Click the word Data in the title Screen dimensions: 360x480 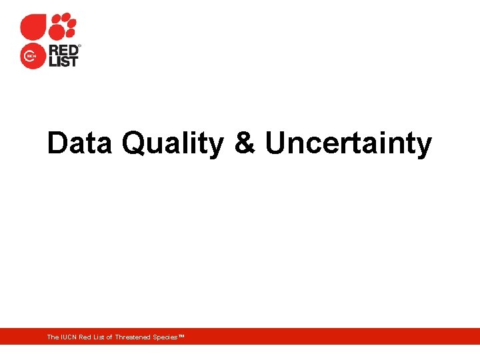(79, 143)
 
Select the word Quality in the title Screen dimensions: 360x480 (173, 143)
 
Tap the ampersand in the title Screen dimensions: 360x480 (245, 143)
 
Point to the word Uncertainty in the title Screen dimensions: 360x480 (348, 143)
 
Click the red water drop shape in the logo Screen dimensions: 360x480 (33, 27)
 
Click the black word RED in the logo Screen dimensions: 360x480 (63, 51)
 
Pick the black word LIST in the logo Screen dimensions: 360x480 (63, 62)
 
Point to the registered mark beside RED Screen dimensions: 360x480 (79, 46)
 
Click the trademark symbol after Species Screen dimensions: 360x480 (181, 337)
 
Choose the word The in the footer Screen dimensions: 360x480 (52, 337)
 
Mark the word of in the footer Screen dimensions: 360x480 (109, 337)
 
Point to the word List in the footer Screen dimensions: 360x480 (99, 337)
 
